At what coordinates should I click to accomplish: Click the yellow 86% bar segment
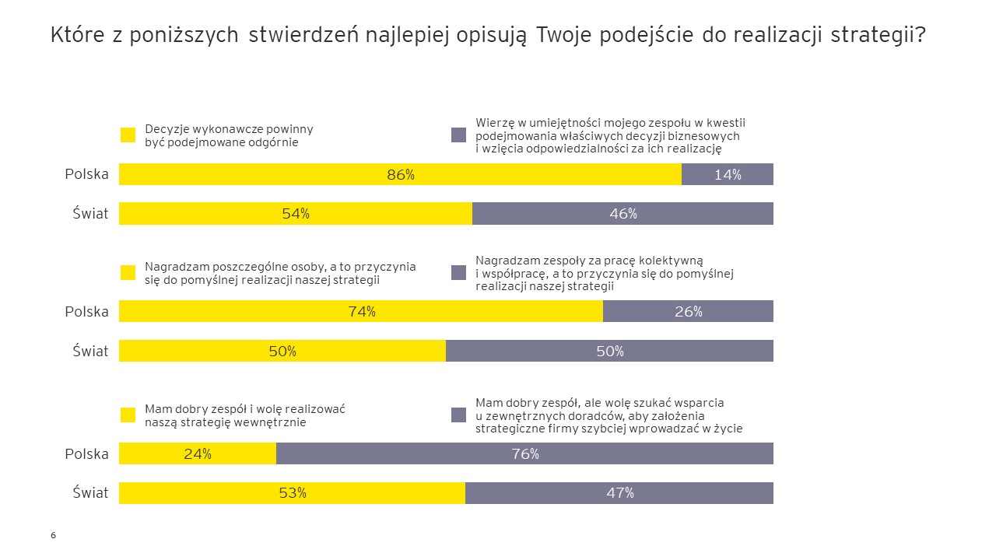(x=400, y=174)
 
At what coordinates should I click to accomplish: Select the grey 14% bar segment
(x=728, y=174)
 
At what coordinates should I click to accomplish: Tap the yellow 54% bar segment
(x=296, y=213)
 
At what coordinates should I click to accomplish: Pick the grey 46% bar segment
(x=622, y=213)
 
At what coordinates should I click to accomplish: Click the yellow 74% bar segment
(x=360, y=311)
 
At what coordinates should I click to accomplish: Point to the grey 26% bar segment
(x=688, y=311)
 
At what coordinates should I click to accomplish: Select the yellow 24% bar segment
(x=198, y=453)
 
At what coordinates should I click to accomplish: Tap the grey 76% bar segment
(x=525, y=453)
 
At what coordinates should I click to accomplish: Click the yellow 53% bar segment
(x=292, y=492)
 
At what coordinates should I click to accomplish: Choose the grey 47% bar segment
(x=619, y=492)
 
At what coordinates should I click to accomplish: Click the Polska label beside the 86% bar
(x=86, y=174)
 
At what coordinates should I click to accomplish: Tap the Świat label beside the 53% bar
(x=90, y=492)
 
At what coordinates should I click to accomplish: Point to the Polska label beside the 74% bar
(x=86, y=311)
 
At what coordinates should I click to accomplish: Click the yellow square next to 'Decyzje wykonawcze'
(x=128, y=135)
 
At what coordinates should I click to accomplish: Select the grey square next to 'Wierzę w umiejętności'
(x=458, y=135)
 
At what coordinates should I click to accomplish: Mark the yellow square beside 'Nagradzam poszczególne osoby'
(x=128, y=272)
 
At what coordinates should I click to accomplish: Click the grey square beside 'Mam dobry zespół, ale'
(x=458, y=415)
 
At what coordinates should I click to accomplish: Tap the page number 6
(x=53, y=535)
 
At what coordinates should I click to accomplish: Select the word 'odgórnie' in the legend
(x=272, y=142)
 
